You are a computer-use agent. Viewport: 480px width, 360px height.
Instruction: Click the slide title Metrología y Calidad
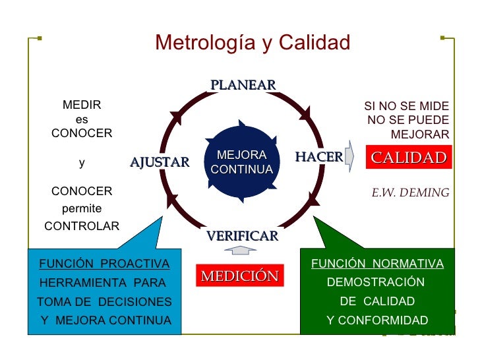pyautogui.click(x=253, y=44)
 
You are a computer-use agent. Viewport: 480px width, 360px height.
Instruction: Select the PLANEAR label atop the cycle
pyautogui.click(x=243, y=85)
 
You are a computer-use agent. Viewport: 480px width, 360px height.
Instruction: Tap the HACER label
pyautogui.click(x=318, y=157)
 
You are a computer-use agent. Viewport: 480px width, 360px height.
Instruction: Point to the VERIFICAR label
pyautogui.click(x=242, y=236)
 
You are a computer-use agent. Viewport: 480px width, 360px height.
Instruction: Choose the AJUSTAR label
pyautogui.click(x=160, y=162)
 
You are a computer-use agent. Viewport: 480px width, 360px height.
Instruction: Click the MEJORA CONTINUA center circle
pyautogui.click(x=241, y=162)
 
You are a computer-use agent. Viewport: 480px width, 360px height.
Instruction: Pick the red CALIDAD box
pyautogui.click(x=409, y=158)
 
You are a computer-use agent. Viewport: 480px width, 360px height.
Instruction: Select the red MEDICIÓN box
pyautogui.click(x=240, y=276)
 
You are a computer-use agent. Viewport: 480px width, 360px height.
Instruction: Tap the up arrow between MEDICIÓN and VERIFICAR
pyautogui.click(x=240, y=251)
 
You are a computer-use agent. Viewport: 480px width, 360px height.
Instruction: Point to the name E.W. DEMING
pyautogui.click(x=410, y=193)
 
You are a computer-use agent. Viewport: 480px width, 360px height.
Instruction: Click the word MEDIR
pyautogui.click(x=81, y=105)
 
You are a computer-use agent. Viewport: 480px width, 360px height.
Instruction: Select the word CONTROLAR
pyautogui.click(x=82, y=226)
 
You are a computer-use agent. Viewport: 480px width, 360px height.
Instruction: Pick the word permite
pyautogui.click(x=82, y=209)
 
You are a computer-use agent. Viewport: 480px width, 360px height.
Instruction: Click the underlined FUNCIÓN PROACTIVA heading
pyautogui.click(x=104, y=264)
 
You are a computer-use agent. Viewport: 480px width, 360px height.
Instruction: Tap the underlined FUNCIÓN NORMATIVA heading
pyautogui.click(x=377, y=264)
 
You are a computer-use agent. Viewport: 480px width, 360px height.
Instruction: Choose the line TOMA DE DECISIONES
pyautogui.click(x=104, y=302)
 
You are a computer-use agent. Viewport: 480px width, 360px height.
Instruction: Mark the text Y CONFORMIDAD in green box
pyautogui.click(x=377, y=320)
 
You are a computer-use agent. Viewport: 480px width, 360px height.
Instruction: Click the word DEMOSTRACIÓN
pyautogui.click(x=376, y=282)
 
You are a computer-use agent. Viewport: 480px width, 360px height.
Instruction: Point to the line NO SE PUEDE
pyautogui.click(x=408, y=120)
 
